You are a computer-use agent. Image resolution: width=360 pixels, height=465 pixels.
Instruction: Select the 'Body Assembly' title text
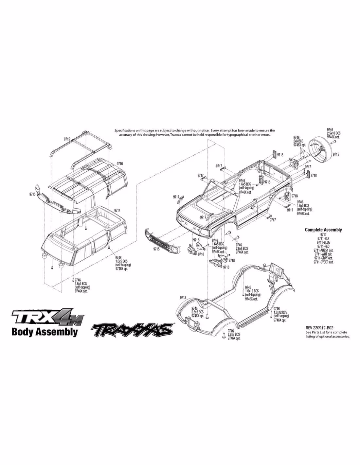click(45, 332)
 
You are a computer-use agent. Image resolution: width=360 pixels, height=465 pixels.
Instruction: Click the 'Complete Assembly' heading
click(323, 230)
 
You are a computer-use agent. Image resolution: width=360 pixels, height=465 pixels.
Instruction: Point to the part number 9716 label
click(119, 163)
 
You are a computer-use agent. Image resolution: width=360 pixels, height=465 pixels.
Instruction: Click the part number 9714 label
click(117, 211)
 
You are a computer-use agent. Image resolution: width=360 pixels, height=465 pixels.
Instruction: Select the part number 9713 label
click(183, 298)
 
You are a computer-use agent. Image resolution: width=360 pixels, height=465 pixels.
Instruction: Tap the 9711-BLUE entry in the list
click(323, 242)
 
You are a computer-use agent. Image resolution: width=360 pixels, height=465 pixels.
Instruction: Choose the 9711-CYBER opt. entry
click(323, 262)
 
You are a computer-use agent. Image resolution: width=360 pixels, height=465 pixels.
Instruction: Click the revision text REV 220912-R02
click(320, 328)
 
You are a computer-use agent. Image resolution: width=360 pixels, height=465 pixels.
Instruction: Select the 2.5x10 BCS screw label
click(333, 133)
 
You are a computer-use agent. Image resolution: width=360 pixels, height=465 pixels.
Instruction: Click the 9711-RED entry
click(323, 246)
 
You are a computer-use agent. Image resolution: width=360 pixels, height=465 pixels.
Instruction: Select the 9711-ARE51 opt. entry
click(323, 250)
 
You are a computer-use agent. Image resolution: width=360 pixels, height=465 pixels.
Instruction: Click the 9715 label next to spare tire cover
click(336, 154)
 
